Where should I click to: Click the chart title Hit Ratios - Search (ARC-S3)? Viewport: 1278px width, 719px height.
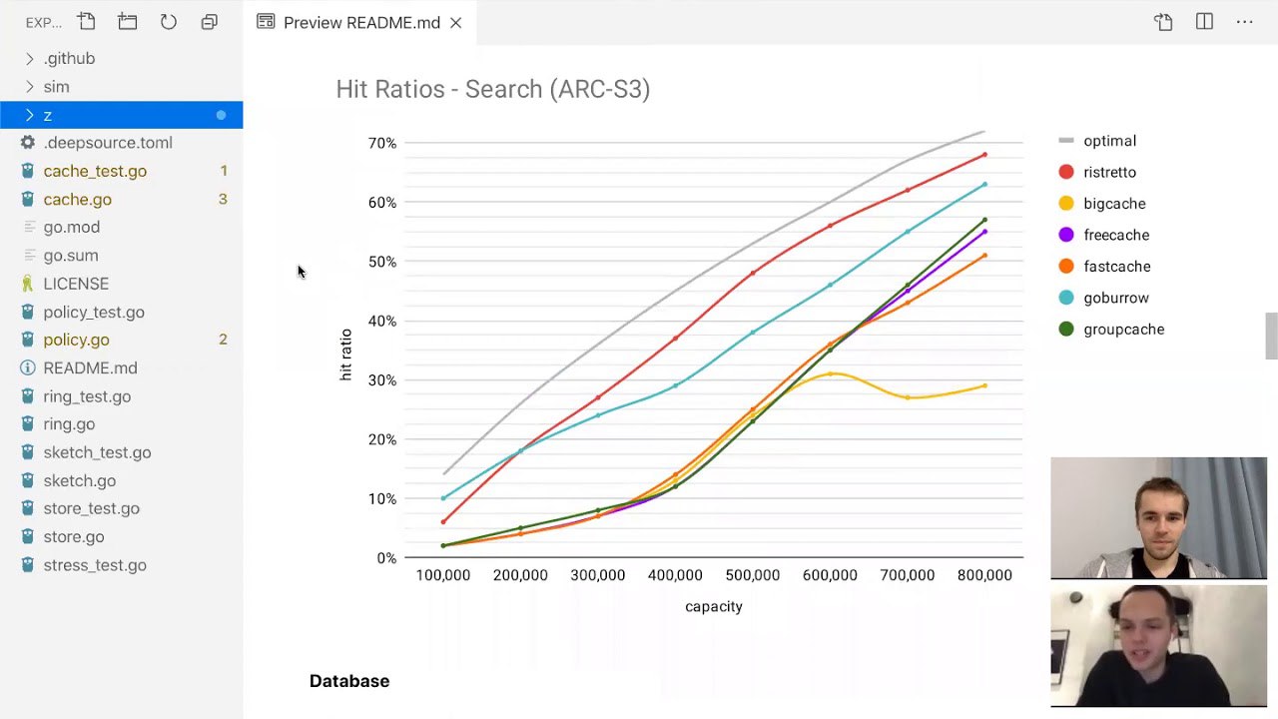coord(492,89)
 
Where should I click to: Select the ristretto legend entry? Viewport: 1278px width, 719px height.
coord(1109,172)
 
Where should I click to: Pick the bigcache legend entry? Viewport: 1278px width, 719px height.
coord(1114,204)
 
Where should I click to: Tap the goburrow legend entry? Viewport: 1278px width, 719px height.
coord(1116,298)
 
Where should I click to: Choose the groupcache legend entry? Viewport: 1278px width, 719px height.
coord(1123,330)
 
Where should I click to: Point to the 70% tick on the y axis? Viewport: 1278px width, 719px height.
coord(381,143)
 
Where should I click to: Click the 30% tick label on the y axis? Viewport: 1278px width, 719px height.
coord(381,380)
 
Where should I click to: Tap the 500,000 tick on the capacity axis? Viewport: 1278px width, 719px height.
coord(752,575)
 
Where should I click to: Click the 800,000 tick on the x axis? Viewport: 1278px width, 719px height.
coord(984,575)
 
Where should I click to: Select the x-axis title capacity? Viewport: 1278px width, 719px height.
coord(713,606)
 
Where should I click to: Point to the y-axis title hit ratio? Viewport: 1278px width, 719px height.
coord(345,355)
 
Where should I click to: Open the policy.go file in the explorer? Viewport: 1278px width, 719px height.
coord(76,340)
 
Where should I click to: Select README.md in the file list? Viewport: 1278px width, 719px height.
coord(90,367)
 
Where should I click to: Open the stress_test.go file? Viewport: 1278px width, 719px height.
coord(94,565)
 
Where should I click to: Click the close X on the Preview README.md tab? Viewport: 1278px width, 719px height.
coord(455,22)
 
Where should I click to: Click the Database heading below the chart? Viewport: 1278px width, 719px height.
coord(348,681)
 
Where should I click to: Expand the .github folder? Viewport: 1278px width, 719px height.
coord(69,58)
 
